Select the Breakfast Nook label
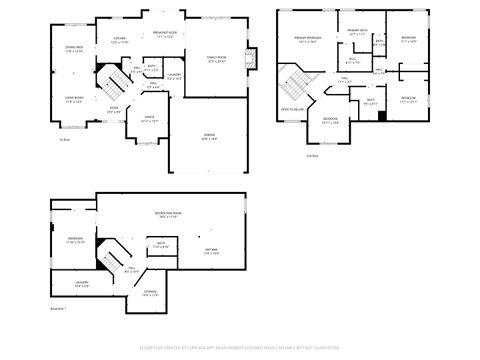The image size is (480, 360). tap(165, 34)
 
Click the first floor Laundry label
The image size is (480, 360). tap(174, 76)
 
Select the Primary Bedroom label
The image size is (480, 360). tap(306, 39)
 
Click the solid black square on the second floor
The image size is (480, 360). tap(381, 114)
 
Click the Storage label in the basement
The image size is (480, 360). tap(150, 293)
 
